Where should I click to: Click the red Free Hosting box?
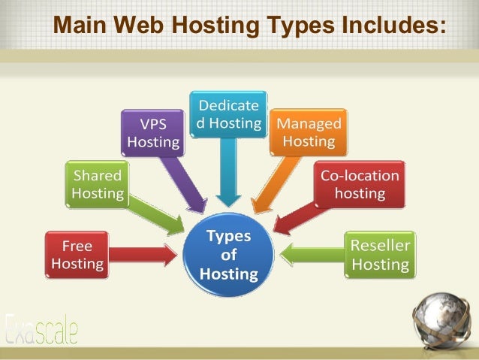coord(78,255)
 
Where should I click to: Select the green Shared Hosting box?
coord(97,185)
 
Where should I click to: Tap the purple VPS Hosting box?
coord(154,132)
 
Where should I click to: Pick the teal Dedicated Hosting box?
coord(229,114)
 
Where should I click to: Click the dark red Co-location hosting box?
coord(360,184)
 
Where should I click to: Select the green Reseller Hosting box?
coord(381,255)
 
